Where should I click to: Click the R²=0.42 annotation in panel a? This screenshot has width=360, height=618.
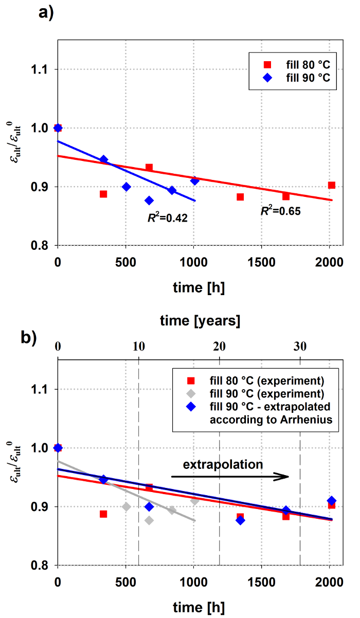[167, 217]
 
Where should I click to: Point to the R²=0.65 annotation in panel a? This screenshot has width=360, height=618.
[280, 210]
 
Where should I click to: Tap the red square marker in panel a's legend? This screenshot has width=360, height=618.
[267, 65]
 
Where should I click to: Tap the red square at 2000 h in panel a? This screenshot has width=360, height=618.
[332, 185]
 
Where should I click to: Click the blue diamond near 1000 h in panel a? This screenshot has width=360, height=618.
[194, 180]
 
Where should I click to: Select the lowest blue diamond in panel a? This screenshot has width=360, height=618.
[149, 201]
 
